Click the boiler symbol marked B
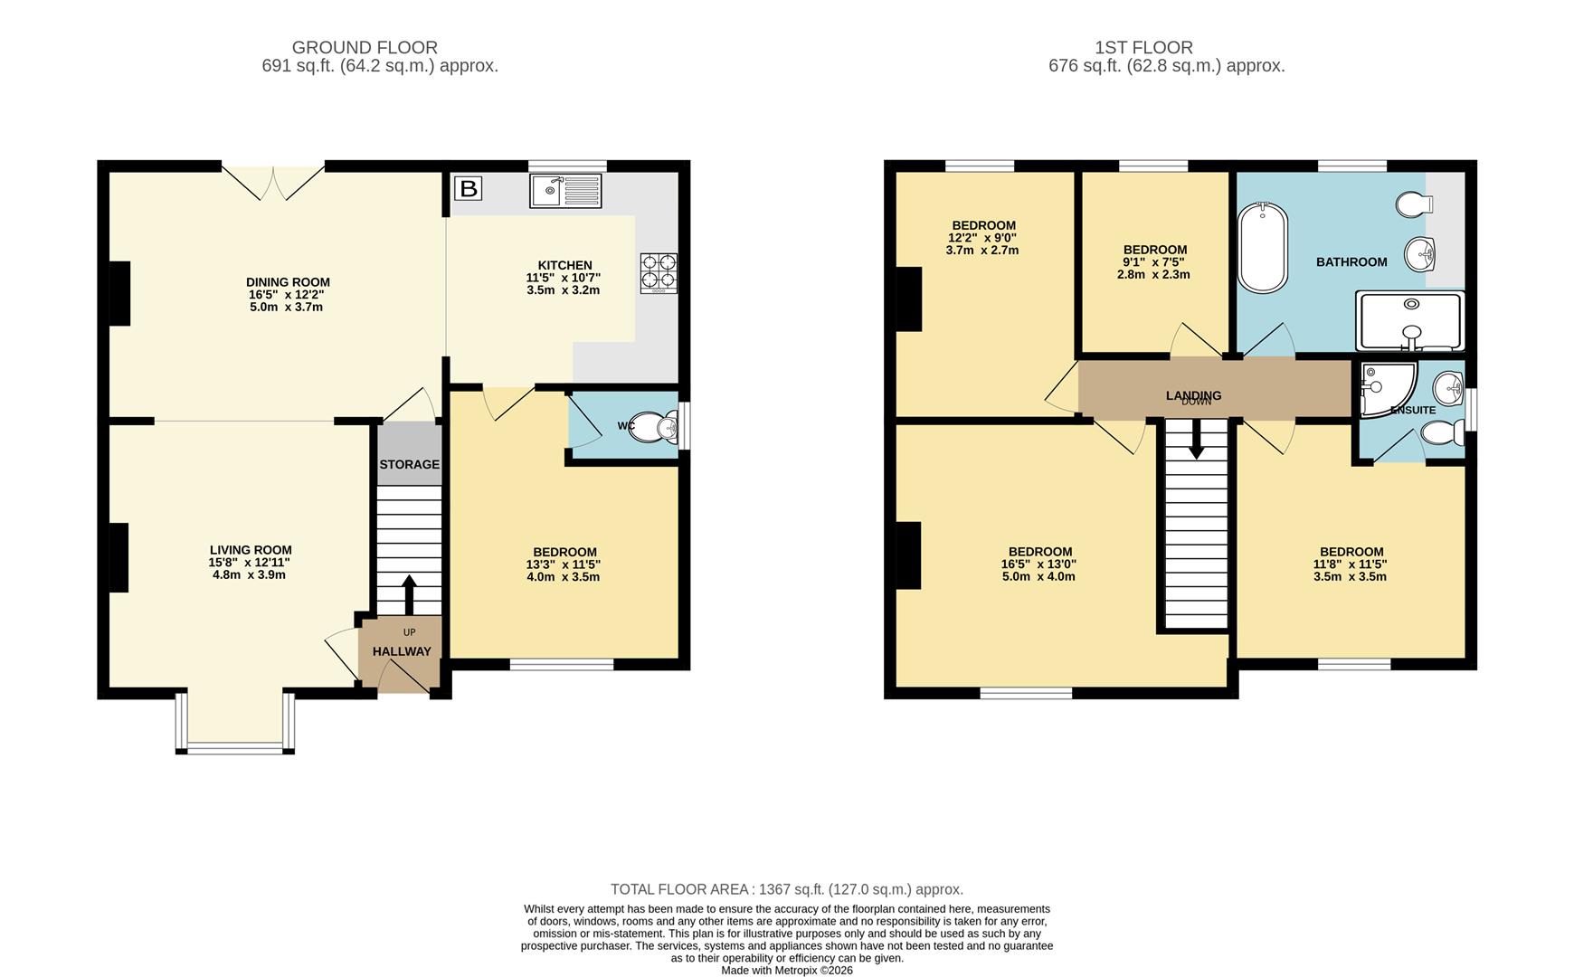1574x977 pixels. tap(469, 189)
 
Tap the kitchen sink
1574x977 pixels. tap(566, 191)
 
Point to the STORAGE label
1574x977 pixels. tap(409, 465)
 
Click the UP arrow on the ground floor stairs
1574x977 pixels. tap(408, 594)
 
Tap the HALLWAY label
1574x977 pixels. tap(402, 651)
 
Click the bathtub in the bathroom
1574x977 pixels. tap(1263, 248)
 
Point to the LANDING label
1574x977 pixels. tap(1193, 395)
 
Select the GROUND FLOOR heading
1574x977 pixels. tap(365, 47)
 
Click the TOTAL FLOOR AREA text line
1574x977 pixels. tap(786, 889)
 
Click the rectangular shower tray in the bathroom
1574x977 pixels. tap(1409, 320)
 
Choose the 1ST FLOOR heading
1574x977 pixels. tap(1143, 47)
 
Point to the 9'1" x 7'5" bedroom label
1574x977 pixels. tap(1154, 262)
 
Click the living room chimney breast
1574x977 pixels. tap(119, 558)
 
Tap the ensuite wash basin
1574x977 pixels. tap(1448, 388)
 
